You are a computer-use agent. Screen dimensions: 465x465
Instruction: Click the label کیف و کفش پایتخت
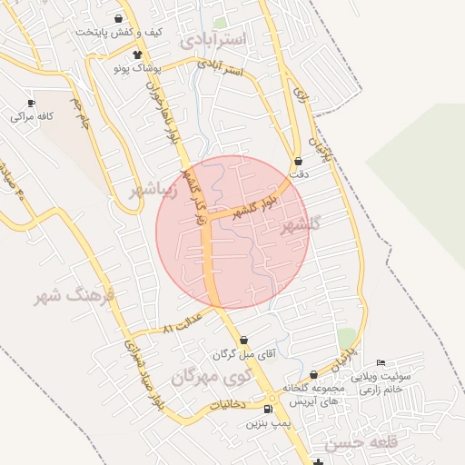(x=119, y=33)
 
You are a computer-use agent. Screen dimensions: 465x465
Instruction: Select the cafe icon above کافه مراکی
(x=32, y=103)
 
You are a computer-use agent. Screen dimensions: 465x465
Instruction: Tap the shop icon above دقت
(x=297, y=161)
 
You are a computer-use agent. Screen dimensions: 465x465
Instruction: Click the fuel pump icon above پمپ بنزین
(x=268, y=410)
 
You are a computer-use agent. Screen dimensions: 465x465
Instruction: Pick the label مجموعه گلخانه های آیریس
(x=312, y=393)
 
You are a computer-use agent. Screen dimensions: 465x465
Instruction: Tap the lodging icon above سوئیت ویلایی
(x=381, y=363)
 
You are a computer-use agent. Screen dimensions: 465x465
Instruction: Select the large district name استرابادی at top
(x=214, y=41)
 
